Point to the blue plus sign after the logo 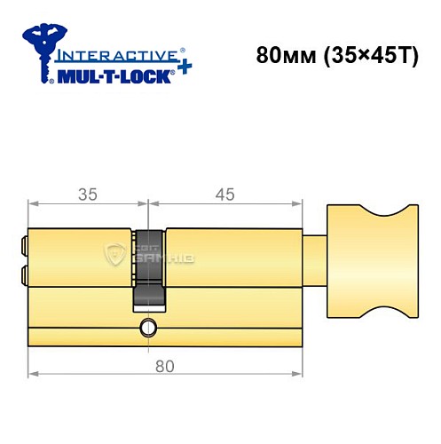[x=184, y=67]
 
